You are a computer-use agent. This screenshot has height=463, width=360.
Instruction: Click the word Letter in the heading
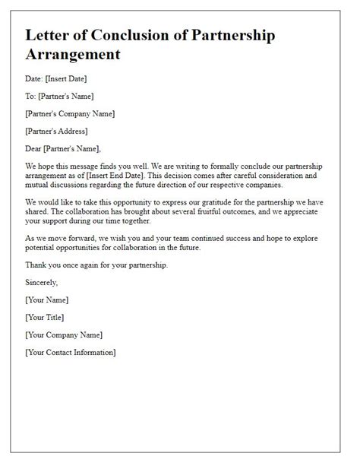(x=49, y=36)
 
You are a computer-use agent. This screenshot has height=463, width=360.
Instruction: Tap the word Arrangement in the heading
(x=72, y=55)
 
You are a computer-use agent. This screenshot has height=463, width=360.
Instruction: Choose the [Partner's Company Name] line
(x=70, y=114)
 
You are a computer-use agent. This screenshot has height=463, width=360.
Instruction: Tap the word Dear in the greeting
(x=35, y=147)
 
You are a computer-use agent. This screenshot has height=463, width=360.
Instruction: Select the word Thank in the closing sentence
(x=37, y=265)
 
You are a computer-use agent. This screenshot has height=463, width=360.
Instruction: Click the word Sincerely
(x=43, y=283)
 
